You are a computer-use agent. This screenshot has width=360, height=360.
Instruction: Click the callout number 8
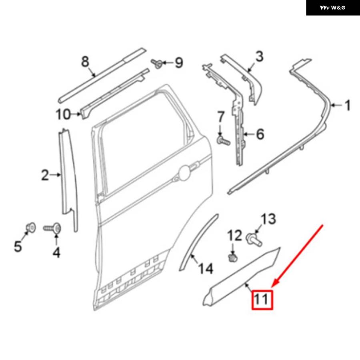[x=85, y=62]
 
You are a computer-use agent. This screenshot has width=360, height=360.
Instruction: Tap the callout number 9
[x=179, y=62]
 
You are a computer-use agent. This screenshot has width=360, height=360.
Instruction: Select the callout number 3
[x=259, y=56]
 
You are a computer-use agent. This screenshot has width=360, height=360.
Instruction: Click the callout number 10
[x=63, y=114]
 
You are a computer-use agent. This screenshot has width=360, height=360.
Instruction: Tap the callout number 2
[x=45, y=175]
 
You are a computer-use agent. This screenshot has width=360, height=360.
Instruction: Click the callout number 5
[x=18, y=246]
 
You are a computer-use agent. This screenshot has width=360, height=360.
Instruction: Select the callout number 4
[x=56, y=252]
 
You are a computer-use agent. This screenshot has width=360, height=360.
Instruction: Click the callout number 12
[x=235, y=235]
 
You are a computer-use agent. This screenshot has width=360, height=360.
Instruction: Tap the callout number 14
[x=206, y=268]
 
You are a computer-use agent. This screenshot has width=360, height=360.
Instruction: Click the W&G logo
[x=333, y=8]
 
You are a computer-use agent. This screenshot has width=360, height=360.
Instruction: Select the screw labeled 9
[x=156, y=63]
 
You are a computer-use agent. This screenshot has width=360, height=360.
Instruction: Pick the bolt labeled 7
[x=223, y=140]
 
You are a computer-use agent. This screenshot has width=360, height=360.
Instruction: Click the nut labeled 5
[x=30, y=228]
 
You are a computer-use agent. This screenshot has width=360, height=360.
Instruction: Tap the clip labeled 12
[x=232, y=257]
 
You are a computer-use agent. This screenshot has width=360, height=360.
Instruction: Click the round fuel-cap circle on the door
[x=185, y=173]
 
